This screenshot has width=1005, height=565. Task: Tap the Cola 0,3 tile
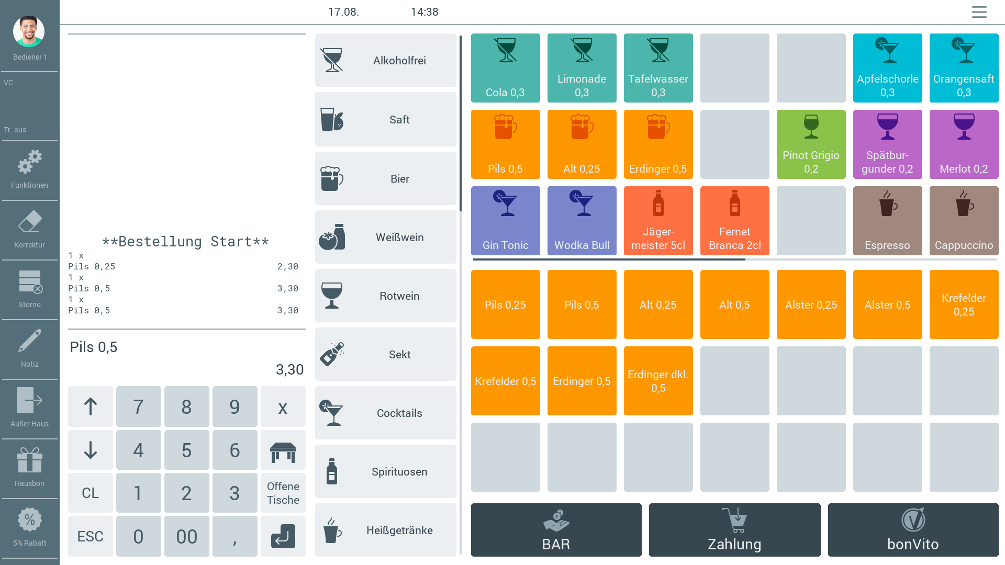click(505, 68)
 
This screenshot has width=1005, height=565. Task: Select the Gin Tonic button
click(505, 221)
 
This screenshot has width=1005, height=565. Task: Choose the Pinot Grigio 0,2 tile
click(811, 144)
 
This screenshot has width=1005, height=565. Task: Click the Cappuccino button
click(964, 221)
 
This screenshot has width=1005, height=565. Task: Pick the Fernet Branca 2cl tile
click(734, 221)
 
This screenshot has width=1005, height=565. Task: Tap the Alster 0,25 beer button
click(811, 304)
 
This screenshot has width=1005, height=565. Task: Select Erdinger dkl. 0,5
click(658, 381)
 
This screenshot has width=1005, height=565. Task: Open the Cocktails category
click(386, 413)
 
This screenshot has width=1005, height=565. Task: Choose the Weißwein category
click(386, 238)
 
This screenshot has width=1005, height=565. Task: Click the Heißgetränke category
click(386, 530)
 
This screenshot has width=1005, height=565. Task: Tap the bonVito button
click(913, 530)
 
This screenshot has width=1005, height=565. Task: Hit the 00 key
click(186, 536)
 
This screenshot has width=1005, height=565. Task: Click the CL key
click(90, 493)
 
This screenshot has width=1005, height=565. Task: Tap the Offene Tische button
click(283, 493)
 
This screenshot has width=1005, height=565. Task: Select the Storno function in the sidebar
click(29, 289)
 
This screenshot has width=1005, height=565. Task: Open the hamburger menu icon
click(979, 12)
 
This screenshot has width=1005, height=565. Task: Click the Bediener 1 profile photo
click(29, 31)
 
